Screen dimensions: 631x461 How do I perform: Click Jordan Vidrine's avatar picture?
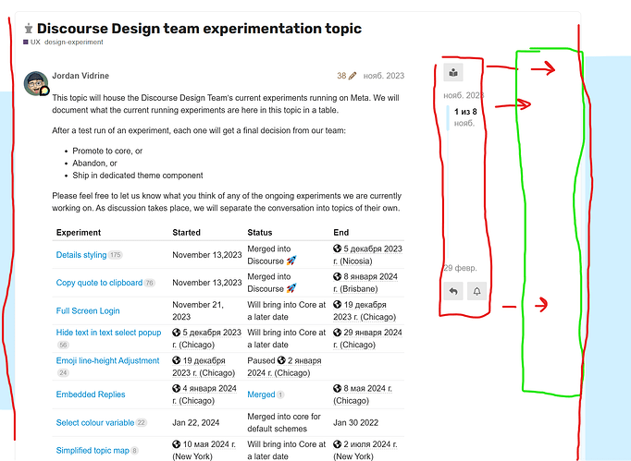point(36,83)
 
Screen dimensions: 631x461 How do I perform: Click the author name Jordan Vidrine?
point(80,76)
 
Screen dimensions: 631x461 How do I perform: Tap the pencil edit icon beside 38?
point(353,76)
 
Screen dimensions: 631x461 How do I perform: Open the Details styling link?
point(81,255)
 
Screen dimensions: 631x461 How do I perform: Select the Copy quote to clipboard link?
point(99,283)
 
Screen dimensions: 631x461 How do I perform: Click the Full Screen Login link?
point(88,310)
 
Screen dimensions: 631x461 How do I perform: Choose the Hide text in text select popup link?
point(108,333)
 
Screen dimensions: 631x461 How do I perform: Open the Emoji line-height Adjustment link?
point(108,360)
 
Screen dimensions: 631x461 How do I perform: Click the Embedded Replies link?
point(91,394)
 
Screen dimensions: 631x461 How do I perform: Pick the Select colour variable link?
point(95,422)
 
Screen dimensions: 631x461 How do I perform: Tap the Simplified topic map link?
point(93,450)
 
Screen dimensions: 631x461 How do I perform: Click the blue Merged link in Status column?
point(261,394)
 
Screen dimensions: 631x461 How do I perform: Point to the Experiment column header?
point(79,232)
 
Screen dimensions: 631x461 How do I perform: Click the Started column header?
point(186,232)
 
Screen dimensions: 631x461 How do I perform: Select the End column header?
point(340,232)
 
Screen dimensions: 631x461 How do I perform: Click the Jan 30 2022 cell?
point(355,422)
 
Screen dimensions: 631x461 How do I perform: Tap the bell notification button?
point(476,291)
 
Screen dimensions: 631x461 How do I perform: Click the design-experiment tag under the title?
point(74,42)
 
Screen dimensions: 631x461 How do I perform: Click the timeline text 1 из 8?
point(465,112)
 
